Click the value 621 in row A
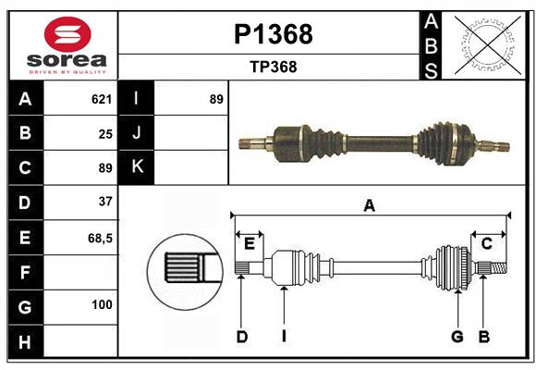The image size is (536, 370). [102, 99]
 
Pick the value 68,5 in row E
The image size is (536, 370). [100, 238]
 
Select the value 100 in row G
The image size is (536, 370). [102, 304]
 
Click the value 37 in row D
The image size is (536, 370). [104, 201]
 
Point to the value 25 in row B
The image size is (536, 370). [105, 133]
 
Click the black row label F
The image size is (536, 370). [25, 272]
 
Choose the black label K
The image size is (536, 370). [137, 167]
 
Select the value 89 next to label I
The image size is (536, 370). [216, 99]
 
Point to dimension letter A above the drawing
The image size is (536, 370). [370, 205]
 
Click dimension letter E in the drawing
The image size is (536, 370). [249, 243]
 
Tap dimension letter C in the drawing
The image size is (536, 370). [486, 243]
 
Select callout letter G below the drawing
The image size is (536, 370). [457, 337]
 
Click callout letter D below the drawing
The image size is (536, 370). [241, 337]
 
